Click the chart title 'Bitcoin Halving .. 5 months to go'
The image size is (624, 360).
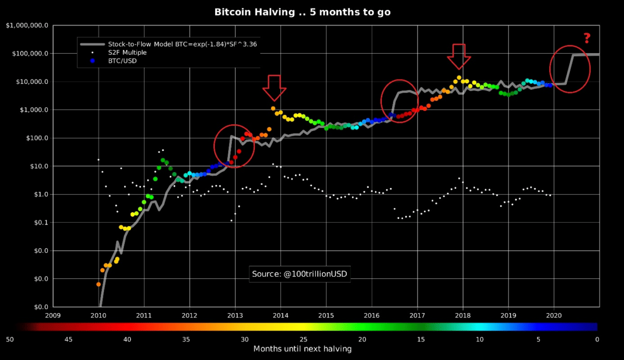coord(302,11)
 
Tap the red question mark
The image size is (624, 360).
coord(587,38)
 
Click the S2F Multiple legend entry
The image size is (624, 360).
coord(127,53)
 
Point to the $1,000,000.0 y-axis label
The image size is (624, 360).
coord(27,25)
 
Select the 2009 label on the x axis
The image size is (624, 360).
coord(54,315)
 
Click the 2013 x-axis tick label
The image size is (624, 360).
coord(235,315)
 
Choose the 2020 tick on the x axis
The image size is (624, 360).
coord(554,315)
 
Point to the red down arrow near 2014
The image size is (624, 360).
coord(274,87)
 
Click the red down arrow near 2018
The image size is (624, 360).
coord(459,56)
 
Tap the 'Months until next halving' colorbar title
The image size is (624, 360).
coord(302,349)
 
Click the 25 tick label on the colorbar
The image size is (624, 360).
coord(303,339)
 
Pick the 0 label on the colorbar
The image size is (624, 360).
coord(597,339)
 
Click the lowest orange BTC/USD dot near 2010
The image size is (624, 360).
coord(98,284)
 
